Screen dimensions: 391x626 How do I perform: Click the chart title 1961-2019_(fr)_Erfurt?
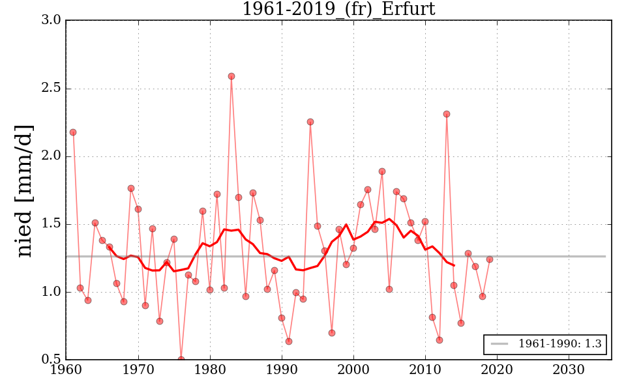coord(338,9)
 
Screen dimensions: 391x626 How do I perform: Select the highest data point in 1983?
coord(231,76)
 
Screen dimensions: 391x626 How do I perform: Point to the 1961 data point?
coord(73,132)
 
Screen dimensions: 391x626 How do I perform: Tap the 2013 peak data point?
coord(447,114)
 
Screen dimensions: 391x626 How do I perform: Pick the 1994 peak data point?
coord(310,122)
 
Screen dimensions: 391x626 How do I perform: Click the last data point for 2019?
coord(490,259)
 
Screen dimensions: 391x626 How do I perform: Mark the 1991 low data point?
coord(289,341)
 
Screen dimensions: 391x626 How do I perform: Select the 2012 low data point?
coord(440,340)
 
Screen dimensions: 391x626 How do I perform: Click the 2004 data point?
coord(382,171)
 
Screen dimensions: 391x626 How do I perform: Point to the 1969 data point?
coord(131,188)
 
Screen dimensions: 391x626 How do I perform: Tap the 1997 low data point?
coord(332,333)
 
